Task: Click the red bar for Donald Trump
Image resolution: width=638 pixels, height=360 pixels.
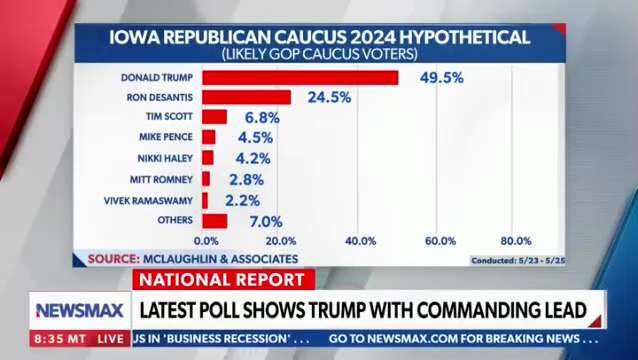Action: (300, 77)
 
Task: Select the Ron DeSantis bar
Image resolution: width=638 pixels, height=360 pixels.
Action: (246, 97)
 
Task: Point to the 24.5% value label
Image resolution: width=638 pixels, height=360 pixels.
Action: (329, 97)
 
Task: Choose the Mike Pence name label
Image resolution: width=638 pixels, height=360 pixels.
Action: (166, 137)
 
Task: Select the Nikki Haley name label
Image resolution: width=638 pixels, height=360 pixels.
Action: (165, 158)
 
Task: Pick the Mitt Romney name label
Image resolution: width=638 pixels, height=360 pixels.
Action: (162, 179)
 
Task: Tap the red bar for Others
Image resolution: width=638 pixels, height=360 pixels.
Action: (214, 220)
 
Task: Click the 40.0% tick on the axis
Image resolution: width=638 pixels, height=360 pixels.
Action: (360, 241)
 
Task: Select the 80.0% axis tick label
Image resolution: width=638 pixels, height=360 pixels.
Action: (515, 241)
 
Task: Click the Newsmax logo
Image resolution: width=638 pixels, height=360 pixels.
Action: (80, 310)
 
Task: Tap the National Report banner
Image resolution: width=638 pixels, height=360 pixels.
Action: (222, 280)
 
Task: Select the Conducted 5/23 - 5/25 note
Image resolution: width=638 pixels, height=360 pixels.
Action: (517, 260)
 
